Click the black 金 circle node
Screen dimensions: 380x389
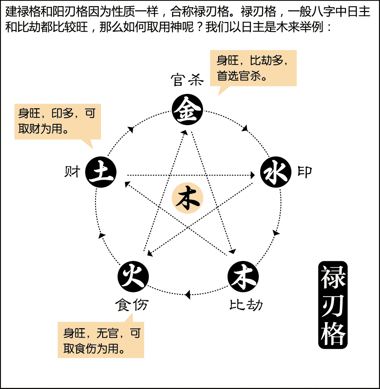[187, 110]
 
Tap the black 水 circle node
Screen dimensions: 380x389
[276, 172]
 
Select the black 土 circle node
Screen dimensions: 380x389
[101, 172]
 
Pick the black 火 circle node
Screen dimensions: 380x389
[133, 276]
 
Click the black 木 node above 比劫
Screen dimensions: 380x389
[243, 276]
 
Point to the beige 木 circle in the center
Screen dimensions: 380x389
[187, 198]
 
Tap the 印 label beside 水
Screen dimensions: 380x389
[305, 172]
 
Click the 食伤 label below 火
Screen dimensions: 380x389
[132, 305]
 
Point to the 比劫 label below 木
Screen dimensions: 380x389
[246, 305]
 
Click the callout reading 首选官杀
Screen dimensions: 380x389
[253, 68]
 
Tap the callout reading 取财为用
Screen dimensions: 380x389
[57, 121]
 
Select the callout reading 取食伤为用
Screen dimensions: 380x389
[101, 340]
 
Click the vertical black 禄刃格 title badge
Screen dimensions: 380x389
[333, 305]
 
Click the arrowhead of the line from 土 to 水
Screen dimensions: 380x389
[253, 175]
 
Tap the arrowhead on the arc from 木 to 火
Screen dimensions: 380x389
[187, 295]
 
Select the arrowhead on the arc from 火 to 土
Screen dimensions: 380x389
[102, 235]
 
